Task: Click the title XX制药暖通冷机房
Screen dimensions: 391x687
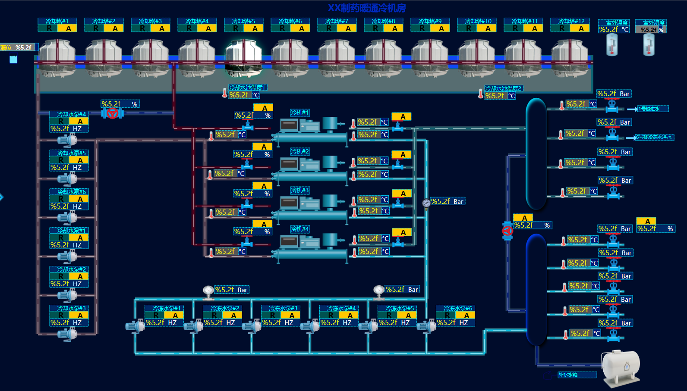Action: (367, 8)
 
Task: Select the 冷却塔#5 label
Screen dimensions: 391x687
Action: (244, 21)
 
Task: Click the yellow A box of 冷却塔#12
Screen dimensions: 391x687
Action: (581, 28)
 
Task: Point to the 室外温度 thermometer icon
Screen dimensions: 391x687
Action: (611, 44)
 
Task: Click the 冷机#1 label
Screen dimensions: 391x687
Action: (300, 113)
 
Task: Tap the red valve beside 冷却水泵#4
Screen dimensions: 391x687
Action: (113, 113)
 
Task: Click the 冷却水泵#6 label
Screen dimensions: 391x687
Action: (72, 192)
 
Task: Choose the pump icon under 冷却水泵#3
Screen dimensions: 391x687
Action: (67, 334)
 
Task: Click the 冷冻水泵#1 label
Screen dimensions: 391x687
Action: (166, 308)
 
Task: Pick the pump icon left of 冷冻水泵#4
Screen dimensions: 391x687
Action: (310, 326)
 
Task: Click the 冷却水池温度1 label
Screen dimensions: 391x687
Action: (248, 88)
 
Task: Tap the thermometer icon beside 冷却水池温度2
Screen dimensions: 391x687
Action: (481, 94)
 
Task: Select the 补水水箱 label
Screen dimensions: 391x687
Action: (568, 375)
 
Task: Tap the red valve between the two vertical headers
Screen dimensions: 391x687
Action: (507, 231)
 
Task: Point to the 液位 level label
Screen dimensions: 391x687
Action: (6, 47)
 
